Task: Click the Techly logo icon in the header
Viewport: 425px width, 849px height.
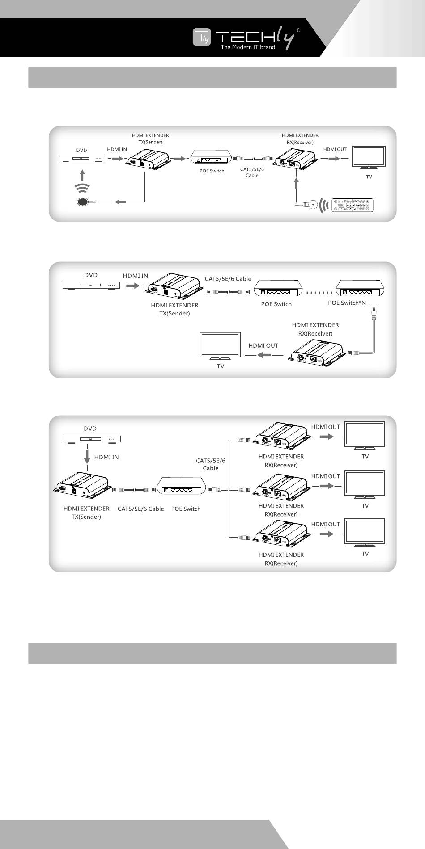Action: coord(201,37)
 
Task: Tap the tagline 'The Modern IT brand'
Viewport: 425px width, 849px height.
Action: coord(248,47)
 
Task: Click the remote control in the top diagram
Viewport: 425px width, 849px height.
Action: coord(352,205)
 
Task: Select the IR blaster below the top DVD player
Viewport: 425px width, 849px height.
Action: coord(83,202)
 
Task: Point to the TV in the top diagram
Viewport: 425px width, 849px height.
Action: coord(369,157)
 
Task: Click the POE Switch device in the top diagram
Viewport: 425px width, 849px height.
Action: coord(211,158)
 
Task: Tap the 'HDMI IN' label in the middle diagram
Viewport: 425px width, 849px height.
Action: coord(136,276)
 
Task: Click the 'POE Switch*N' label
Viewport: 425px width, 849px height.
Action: coord(347,303)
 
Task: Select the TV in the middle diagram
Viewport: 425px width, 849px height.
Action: coord(221,345)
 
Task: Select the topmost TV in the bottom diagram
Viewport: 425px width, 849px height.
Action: coord(365,434)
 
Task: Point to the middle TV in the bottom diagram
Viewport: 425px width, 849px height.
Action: coord(365,483)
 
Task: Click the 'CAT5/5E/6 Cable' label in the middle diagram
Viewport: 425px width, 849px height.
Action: coord(228,279)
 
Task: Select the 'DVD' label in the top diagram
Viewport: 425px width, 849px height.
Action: coord(81,150)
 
